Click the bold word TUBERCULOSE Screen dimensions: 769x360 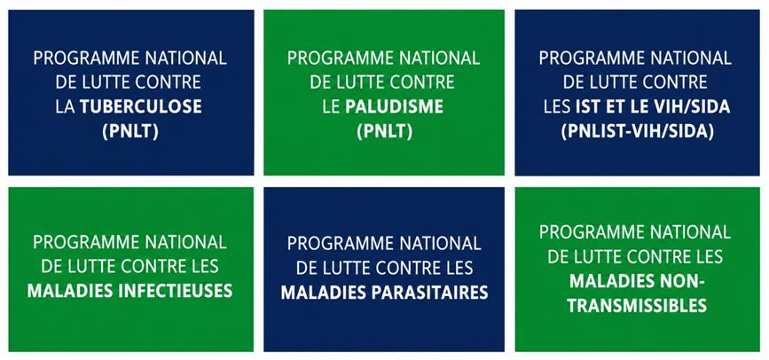(141, 107)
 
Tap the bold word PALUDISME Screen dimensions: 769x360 (395, 107)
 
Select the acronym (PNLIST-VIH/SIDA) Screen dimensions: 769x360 (637, 132)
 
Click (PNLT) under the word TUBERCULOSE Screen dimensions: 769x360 (130, 132)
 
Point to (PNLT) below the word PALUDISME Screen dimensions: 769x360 (384, 132)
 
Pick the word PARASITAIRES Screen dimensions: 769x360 (428, 293)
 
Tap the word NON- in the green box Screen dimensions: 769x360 (683, 281)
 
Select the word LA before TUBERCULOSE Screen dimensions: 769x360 (66, 107)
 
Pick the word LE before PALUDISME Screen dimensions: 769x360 (331, 107)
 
